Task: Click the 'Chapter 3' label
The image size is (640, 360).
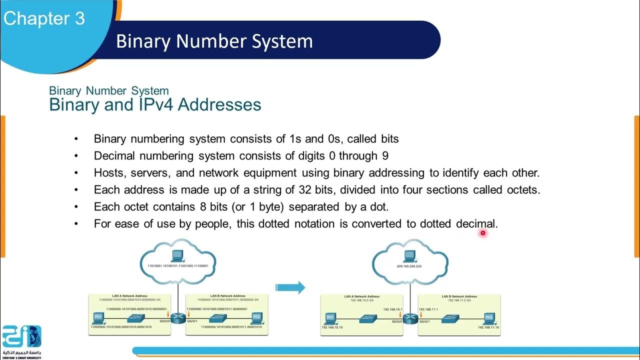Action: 44,18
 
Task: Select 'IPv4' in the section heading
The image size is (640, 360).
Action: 150,105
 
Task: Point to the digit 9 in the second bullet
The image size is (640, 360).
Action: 385,155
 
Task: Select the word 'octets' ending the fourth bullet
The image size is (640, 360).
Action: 522,190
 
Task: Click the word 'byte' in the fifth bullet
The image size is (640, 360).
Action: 271,207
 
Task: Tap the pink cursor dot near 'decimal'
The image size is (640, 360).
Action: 483,232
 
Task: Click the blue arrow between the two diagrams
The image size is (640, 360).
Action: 290,287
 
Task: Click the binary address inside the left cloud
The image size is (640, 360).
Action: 178,267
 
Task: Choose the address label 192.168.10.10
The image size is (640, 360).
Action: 332,327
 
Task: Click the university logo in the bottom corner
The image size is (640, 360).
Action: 21,340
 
